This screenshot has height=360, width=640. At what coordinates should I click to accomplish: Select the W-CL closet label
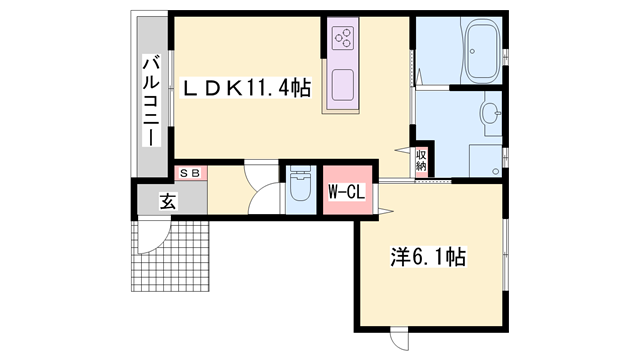point(346,190)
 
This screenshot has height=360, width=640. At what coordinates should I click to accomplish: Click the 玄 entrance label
point(167,200)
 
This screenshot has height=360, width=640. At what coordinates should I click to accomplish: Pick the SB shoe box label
point(191,173)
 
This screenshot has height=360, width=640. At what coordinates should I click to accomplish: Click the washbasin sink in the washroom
point(491,112)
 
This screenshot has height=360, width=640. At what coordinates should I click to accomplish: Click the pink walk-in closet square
point(347,190)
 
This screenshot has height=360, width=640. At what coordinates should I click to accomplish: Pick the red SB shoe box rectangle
point(191,173)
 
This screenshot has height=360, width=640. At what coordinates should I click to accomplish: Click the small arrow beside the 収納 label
point(406,151)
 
